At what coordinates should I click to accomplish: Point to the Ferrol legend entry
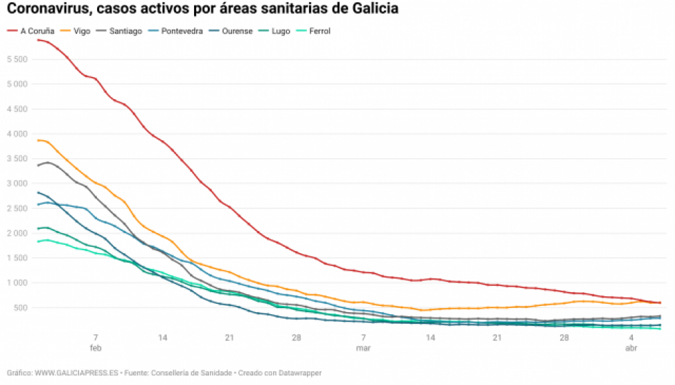click(x=319, y=31)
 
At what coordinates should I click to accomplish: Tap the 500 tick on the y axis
click(x=19, y=307)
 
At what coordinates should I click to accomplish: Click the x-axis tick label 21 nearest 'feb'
click(x=229, y=338)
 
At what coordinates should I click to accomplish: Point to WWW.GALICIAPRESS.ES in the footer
click(x=76, y=373)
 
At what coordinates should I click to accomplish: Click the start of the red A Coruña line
click(x=38, y=40)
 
